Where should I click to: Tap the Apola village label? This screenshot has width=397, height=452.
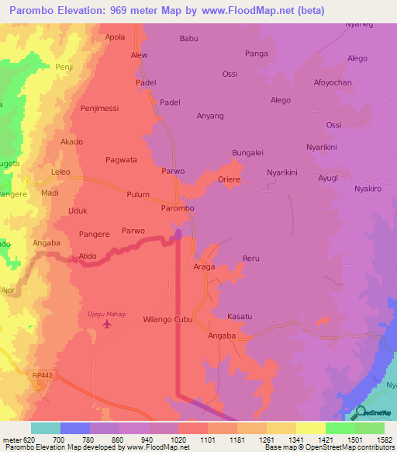pos(115,37)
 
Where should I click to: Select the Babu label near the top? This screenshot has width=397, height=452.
pos(188,38)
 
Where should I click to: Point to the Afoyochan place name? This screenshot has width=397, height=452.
pos(333,82)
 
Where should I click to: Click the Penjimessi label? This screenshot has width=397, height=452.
pos(99,109)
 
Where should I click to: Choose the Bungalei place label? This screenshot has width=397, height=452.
pos(248,154)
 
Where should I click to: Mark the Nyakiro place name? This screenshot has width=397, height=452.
pos(368,189)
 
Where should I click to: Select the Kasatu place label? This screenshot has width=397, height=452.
pos(240,317)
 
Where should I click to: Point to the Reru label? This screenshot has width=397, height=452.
pos(250,258)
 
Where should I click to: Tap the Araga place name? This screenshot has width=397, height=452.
pos(204,266)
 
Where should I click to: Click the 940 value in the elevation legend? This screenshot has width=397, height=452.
pos(147,440)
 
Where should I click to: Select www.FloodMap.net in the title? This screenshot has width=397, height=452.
pos(257,11)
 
